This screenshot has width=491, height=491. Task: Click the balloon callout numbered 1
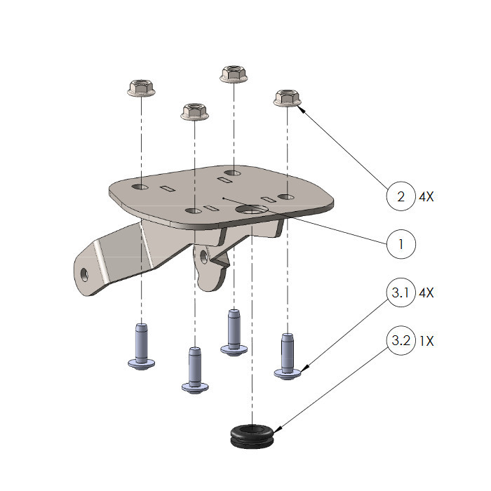401,244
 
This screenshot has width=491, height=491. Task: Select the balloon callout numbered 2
401,196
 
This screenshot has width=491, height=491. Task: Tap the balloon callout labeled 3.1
401,292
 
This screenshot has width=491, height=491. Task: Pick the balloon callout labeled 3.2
401,340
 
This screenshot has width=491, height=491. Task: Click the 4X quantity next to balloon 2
426,196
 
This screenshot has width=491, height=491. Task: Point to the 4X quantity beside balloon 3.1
426,292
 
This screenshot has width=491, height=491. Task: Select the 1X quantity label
426,341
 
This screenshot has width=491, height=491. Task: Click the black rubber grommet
252,436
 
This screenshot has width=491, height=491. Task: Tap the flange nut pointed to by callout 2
288,98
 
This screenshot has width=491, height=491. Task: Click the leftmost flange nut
141,88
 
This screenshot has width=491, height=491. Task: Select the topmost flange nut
234,74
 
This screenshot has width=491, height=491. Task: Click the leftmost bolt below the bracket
141,347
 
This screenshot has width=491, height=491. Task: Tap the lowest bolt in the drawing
195,370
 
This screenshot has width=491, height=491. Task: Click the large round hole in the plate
252,210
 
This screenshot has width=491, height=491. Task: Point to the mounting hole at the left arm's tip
84,275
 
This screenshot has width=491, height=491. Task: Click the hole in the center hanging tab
204,256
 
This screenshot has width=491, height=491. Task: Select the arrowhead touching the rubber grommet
276,431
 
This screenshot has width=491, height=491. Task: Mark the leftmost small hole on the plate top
140,187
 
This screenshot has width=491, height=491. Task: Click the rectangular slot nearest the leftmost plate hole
168,189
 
